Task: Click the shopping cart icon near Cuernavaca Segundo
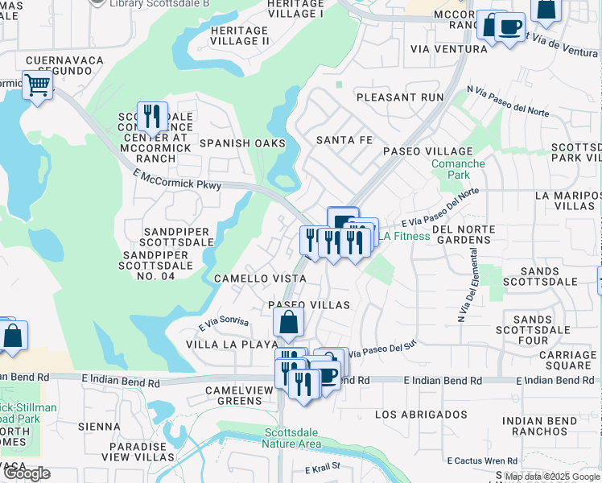pos(37,85)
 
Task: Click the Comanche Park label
pos(459,169)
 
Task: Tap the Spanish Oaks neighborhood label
pos(242,143)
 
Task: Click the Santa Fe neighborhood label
pos(344,140)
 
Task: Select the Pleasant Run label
pos(400,97)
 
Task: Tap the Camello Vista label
pos(259,278)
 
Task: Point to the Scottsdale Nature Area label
pos(293,438)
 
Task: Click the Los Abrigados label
pos(421,415)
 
